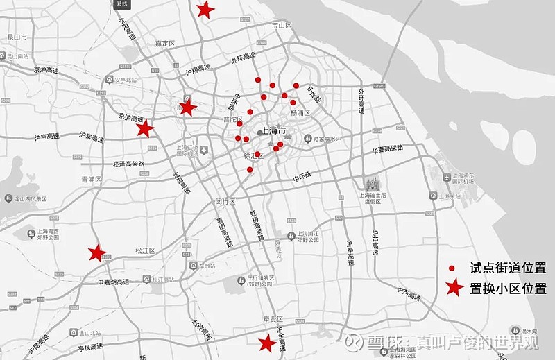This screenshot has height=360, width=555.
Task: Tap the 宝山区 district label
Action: coord(280,26)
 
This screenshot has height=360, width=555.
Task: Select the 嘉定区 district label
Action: coord(165,43)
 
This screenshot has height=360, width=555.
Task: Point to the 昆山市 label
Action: coord(17,36)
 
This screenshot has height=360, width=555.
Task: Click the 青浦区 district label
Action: coord(92,179)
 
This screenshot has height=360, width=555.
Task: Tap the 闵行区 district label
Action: coord(227,201)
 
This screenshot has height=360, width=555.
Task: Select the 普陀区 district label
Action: coord(232,119)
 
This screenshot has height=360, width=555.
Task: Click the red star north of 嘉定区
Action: coord(205,10)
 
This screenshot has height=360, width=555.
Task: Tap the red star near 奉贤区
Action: coord(266,343)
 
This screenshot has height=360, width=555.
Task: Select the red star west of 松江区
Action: coord(96,252)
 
